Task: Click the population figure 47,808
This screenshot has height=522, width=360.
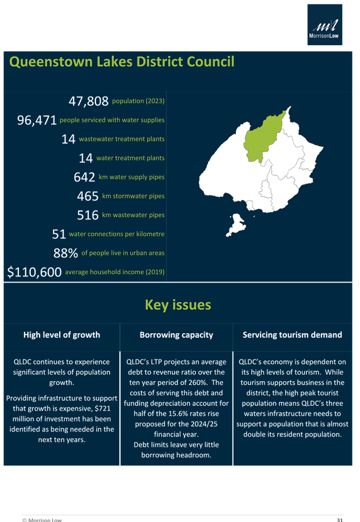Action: [x=88, y=101]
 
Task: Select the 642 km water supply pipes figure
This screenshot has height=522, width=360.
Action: [x=84, y=178]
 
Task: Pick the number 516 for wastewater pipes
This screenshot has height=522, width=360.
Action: [x=88, y=215]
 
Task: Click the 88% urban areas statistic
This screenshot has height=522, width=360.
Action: [x=65, y=253]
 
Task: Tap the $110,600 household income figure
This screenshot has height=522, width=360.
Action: [x=34, y=272]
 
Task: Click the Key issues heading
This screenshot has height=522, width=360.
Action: [x=178, y=305]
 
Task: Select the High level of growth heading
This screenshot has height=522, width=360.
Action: [x=62, y=335]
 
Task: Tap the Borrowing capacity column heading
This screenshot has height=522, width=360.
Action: [x=176, y=335]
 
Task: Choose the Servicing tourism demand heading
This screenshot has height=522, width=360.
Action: [x=292, y=335]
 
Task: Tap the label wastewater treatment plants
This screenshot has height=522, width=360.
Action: [x=122, y=139]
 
